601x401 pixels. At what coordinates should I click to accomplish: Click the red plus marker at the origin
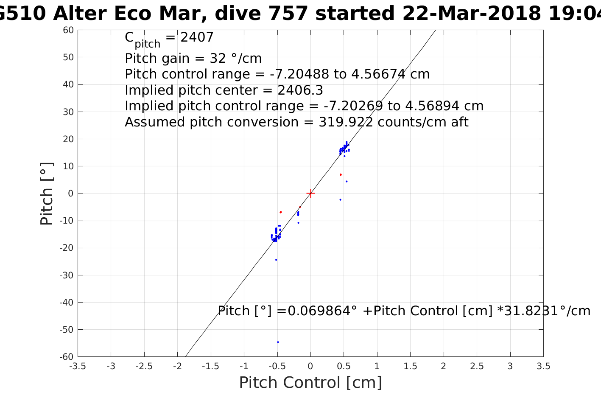coord(310,193)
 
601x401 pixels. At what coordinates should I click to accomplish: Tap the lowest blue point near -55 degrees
coord(278,342)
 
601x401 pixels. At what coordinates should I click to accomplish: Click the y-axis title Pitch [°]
coord(47,193)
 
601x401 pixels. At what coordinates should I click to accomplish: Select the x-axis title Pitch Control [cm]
coord(310,382)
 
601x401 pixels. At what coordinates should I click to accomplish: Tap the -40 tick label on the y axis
coord(67,302)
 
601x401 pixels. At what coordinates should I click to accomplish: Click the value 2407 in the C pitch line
coord(197,38)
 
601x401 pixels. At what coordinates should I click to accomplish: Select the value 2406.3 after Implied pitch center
coord(300,90)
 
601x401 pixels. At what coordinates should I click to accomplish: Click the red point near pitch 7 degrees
coord(340,174)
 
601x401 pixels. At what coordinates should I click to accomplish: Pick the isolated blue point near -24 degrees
coord(276,260)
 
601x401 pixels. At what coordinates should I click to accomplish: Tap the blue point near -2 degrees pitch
coord(340,199)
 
